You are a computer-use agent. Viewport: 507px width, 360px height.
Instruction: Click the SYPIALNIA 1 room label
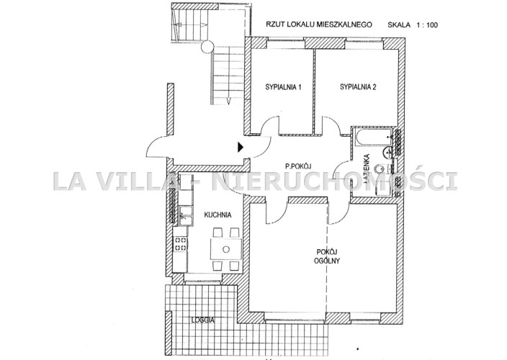pos(283,87)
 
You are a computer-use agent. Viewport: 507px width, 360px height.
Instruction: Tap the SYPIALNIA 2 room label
pos(358,86)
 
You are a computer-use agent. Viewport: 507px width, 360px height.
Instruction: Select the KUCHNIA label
pos(217,215)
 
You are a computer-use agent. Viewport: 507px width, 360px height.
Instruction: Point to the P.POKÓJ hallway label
pos(298,166)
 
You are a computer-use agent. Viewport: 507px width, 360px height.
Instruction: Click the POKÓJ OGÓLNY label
pos(327,256)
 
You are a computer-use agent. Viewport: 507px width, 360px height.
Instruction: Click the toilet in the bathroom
pos(381,169)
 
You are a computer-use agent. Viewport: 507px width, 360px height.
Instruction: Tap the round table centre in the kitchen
pos(226,249)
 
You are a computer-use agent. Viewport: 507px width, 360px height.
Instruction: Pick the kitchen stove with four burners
pos(180,244)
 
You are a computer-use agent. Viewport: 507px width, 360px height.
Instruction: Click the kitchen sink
pos(185,216)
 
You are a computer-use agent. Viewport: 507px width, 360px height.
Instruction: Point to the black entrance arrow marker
pos(241,147)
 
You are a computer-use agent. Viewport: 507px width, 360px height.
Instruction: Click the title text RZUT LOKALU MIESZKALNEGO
pos(318,24)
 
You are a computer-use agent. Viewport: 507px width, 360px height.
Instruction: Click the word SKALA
pos(399,25)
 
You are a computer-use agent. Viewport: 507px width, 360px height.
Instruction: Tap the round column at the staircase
pos(207,48)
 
